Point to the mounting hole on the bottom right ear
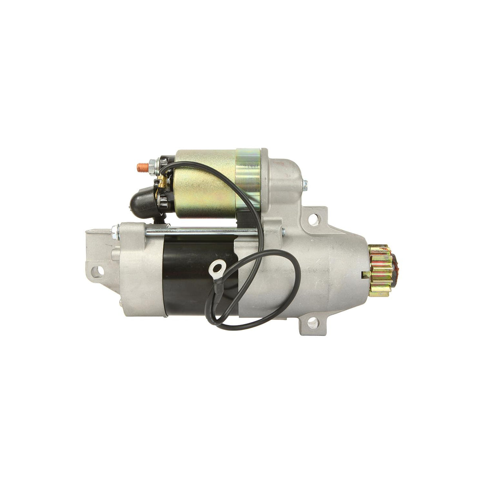[x=319, y=331]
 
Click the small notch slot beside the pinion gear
[x=363, y=275]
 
